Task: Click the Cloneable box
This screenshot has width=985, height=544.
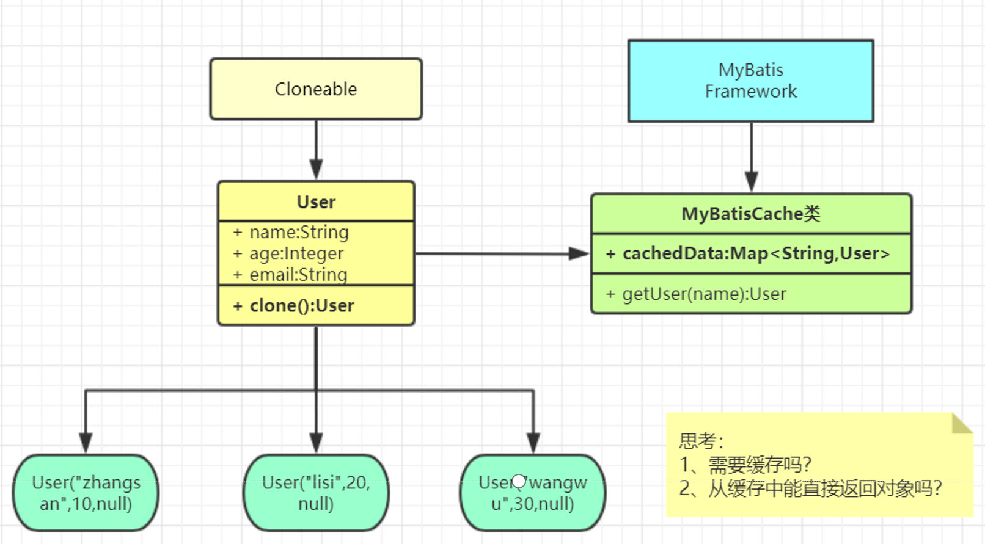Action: pyautogui.click(x=316, y=89)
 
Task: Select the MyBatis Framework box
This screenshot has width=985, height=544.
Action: pyautogui.click(x=750, y=81)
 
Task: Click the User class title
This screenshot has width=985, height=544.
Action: pyautogui.click(x=316, y=202)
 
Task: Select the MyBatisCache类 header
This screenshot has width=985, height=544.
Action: pyautogui.click(x=750, y=214)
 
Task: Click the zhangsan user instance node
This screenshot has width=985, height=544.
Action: pyautogui.click(x=86, y=493)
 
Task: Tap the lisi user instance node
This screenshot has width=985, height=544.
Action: pyautogui.click(x=316, y=493)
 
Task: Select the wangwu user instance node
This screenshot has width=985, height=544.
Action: pyautogui.click(x=533, y=493)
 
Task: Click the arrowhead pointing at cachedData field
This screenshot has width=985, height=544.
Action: pyautogui.click(x=577, y=253)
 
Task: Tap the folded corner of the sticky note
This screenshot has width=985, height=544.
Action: pyautogui.click(x=961, y=423)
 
